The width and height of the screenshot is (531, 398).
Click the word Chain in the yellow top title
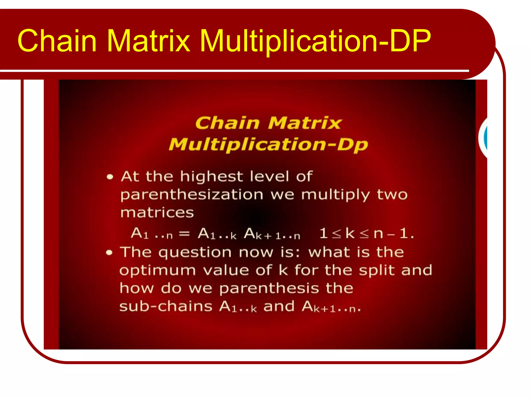(57, 41)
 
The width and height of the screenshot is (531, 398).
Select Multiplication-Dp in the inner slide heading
(268, 144)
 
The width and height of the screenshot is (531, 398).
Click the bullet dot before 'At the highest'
(110, 177)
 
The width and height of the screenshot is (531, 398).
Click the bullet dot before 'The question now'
(109, 252)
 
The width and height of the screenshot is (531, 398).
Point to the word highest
(212, 177)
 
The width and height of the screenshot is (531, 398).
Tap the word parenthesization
(192, 195)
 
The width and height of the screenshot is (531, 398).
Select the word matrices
(157, 213)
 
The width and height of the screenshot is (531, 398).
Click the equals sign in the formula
(185, 234)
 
